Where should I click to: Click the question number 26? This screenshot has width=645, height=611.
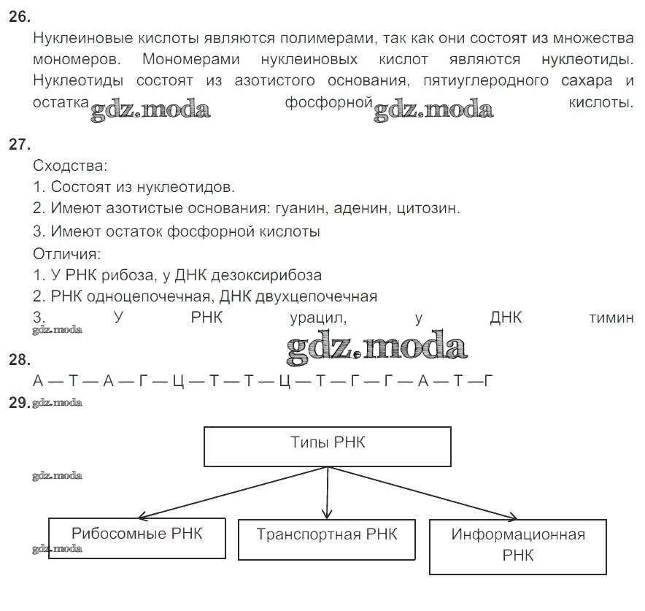pos(19,17)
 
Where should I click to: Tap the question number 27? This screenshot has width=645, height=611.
pos(19,145)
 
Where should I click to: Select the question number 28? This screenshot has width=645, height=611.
pos(19,360)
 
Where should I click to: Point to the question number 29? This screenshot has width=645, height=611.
pos(19,402)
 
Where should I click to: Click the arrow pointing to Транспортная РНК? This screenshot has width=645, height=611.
pos(328,493)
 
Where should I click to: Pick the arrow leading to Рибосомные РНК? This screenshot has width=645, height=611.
pos(233,493)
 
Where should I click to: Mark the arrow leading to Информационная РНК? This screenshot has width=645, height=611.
pos(423,493)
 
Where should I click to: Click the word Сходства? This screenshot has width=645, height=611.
pos(69,166)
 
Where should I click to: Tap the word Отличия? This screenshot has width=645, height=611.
pos(66,254)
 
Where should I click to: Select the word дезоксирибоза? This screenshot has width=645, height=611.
pos(266,275)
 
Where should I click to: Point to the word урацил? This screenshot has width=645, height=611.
pos(318,318)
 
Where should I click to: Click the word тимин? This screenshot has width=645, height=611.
pos(611,318)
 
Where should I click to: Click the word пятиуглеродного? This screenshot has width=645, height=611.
pos(486,80)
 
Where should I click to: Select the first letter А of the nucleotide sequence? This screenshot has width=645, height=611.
pos(38,381)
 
